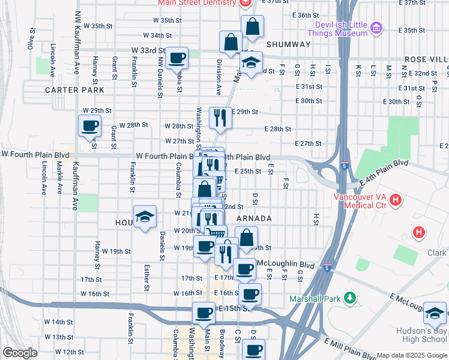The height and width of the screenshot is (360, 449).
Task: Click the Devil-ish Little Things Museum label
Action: [x=341, y=29]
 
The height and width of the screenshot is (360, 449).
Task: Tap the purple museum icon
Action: [x=376, y=28]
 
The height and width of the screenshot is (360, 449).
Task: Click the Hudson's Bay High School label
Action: [x=421, y=336]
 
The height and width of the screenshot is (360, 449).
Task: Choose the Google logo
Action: [x=20, y=353]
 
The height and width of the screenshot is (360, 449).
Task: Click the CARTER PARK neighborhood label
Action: [x=74, y=90]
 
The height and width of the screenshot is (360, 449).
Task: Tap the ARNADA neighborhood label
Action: [x=255, y=218]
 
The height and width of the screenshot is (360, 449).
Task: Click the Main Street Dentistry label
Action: [x=197, y=3]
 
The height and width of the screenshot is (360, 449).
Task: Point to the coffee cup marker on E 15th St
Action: [x=203, y=313]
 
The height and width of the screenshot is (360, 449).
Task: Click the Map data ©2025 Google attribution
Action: [x=411, y=355]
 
